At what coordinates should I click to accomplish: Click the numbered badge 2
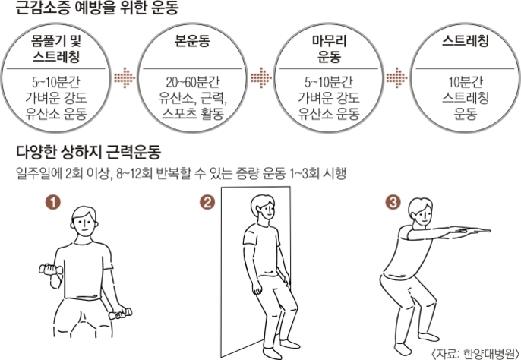[207, 202]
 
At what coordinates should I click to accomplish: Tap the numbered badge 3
[392, 202]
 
